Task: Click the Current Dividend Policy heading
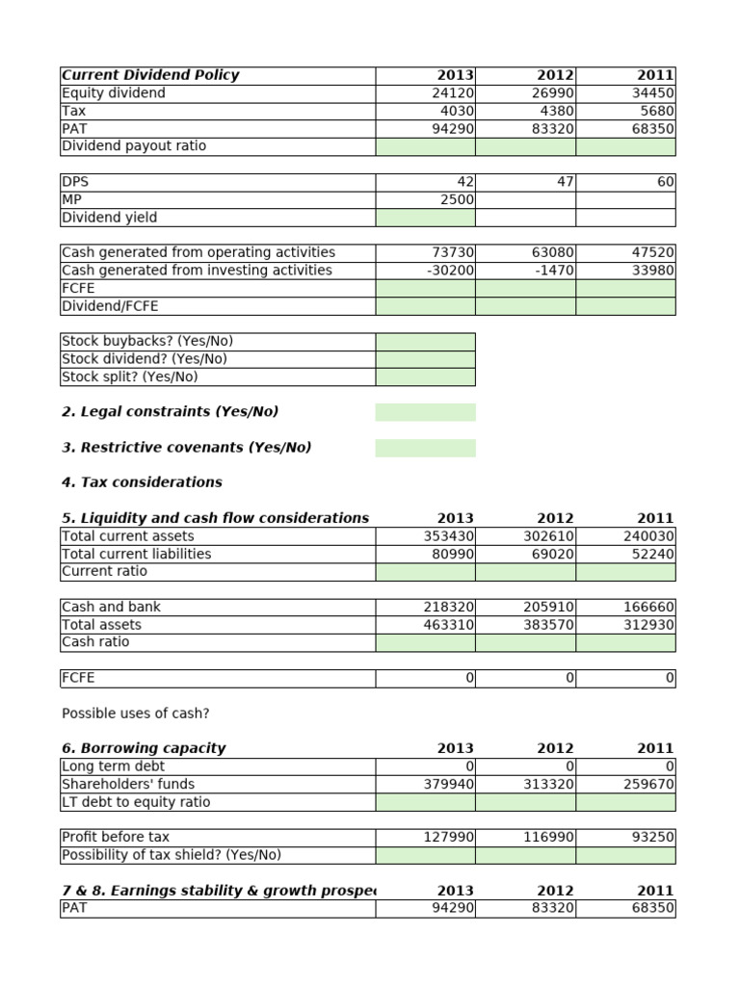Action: [x=150, y=75]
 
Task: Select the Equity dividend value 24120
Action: [x=449, y=93]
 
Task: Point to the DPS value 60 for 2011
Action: [x=665, y=182]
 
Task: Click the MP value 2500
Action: [x=449, y=199]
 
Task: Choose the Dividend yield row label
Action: [x=109, y=218]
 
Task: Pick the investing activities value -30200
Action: [x=446, y=271]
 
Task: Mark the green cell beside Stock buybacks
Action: [x=425, y=341]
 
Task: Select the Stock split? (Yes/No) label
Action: [x=129, y=376]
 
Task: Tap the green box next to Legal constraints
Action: [x=425, y=412]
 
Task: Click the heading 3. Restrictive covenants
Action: [x=186, y=448]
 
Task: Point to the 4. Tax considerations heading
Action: [x=142, y=482]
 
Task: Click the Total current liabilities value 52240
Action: [x=651, y=554]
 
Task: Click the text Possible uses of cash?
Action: [x=135, y=714]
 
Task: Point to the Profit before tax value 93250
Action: [x=651, y=838]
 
